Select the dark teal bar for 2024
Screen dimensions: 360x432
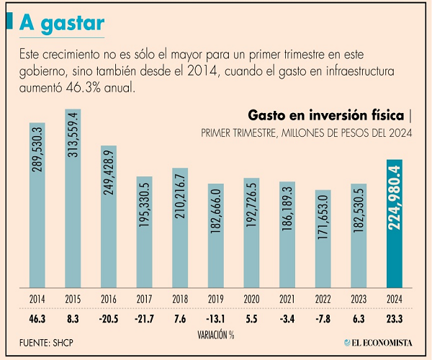point(395,224)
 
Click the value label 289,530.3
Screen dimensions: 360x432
point(38,153)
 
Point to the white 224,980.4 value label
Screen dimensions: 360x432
point(395,199)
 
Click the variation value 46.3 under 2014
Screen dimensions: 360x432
point(38,318)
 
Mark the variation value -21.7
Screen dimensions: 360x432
point(145,318)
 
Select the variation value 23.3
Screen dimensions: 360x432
point(395,318)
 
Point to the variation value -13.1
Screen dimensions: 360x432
point(216,318)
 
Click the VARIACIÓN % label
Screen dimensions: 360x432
point(215,335)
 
